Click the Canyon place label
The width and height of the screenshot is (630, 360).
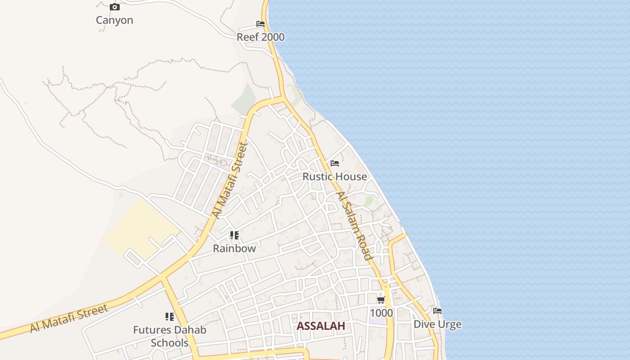click(114, 20)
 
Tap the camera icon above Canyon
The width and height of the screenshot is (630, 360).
click(115, 7)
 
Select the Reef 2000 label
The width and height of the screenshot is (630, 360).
click(261, 37)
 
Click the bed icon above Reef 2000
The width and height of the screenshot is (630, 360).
click(261, 24)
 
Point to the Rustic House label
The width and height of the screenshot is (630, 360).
click(334, 176)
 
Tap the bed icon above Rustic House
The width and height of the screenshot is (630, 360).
click(335, 163)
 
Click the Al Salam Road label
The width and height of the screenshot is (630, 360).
click(355, 226)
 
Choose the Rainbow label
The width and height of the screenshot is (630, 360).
click(234, 248)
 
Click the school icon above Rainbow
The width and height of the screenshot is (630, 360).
click(234, 235)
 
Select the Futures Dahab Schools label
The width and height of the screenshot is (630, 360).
click(170, 336)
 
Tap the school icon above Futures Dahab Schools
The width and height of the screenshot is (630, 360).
click(170, 317)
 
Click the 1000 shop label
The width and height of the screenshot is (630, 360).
click(381, 313)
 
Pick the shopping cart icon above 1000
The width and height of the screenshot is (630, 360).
click(381, 300)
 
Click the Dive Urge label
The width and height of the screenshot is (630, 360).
click(437, 324)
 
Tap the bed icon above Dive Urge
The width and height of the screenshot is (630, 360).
click(437, 311)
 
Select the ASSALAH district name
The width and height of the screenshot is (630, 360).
click(321, 326)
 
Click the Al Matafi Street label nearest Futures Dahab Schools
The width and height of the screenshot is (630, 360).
click(69, 319)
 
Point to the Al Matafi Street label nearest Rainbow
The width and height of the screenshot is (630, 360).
click(230, 180)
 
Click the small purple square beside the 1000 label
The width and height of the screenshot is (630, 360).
click(377, 321)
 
